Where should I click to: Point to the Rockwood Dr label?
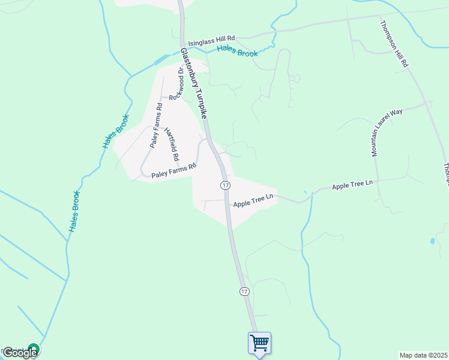[x=175, y=83]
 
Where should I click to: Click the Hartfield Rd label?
[x=172, y=145]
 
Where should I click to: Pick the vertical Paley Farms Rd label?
[x=156, y=126]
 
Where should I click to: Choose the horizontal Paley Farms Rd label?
[x=174, y=170]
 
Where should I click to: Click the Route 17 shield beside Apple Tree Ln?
[x=225, y=185]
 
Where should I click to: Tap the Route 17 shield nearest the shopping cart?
[x=244, y=292]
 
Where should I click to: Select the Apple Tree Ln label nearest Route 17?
[x=253, y=200]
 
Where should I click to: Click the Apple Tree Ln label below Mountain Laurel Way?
[x=352, y=186]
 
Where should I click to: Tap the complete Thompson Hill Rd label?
[x=395, y=44]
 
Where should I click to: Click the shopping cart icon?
[x=259, y=343]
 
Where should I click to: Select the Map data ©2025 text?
[x=424, y=355]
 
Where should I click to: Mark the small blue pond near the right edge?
[x=432, y=241]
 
